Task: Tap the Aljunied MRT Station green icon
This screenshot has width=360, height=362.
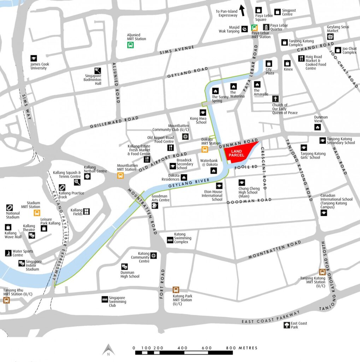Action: [130, 45]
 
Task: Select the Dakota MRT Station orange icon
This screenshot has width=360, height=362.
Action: [205, 150]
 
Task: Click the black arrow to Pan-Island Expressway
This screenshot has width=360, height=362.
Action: [242, 10]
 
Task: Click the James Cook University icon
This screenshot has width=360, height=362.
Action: [34, 58]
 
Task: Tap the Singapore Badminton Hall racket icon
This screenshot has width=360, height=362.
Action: [98, 70]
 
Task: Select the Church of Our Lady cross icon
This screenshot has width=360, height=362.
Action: [275, 99]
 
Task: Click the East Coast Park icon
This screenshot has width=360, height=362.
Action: [287, 325]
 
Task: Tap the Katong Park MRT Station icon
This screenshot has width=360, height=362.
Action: [176, 290]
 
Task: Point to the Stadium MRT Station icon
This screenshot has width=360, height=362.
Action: [37, 212]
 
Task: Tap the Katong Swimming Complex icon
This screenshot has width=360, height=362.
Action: [170, 240]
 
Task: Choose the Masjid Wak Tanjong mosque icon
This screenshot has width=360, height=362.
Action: [244, 29]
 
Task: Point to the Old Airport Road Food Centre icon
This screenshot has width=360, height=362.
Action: [171, 147]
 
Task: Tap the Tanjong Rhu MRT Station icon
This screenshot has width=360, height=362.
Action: [6, 300]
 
